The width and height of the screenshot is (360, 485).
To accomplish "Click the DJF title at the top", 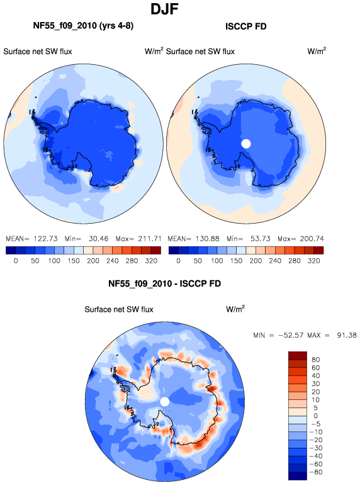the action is tap(164, 9).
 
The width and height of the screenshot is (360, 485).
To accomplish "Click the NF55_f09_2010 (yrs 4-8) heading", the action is tap(83, 25).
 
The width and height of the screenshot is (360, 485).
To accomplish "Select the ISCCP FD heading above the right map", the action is tap(245, 26).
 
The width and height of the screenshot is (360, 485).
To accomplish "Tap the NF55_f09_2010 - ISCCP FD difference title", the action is tap(164, 283).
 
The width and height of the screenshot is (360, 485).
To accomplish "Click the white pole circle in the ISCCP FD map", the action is tap(246, 144).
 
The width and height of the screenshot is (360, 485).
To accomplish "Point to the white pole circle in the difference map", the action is tap(165, 402).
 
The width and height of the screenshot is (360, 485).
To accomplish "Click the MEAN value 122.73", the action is tap(45, 239).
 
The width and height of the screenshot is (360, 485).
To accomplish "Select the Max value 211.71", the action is tap(149, 239).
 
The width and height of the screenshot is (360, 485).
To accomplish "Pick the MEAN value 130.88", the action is tap(207, 239).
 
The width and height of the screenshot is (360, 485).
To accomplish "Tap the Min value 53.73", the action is tap(261, 239).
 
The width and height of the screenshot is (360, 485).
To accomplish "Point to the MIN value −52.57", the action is tap(291, 335).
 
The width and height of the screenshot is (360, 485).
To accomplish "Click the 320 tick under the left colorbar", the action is tap(151, 261).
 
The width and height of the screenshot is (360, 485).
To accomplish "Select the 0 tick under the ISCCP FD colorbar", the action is tap(178, 261).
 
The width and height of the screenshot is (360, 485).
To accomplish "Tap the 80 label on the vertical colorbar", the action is tap(315, 360).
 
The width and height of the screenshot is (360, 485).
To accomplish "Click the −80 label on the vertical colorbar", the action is tap(315, 472).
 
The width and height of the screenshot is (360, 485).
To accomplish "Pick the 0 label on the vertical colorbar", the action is tap(315, 416).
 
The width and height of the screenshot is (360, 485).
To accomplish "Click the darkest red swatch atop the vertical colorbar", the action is tap(298, 355).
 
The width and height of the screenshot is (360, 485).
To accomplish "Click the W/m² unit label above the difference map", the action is tap(235, 309).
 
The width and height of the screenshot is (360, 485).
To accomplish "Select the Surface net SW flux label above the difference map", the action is tap(119, 309).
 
